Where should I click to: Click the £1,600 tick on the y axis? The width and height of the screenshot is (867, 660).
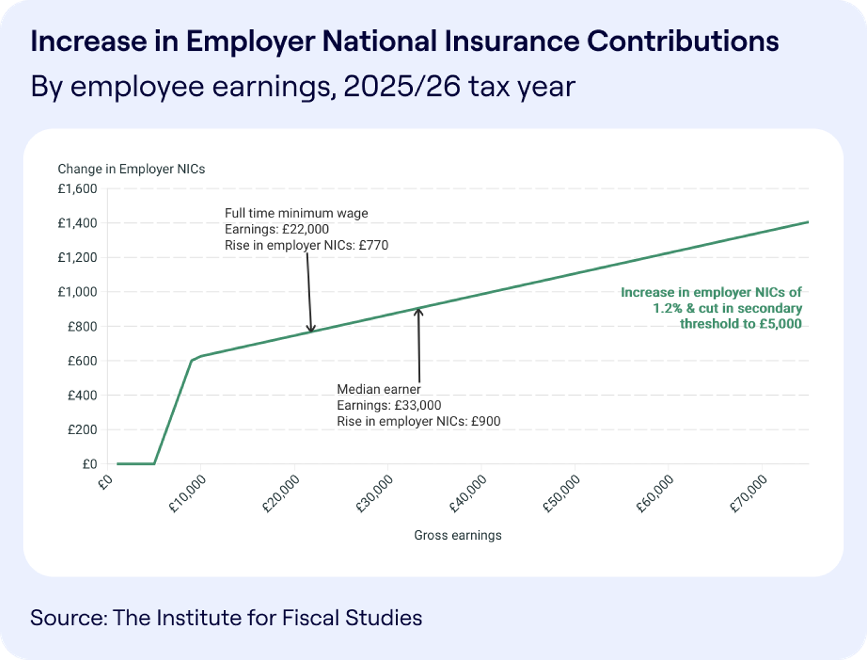click(x=77, y=189)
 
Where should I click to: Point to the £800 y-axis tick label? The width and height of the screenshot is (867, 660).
click(x=82, y=326)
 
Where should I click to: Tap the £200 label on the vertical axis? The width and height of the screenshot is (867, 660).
click(x=82, y=429)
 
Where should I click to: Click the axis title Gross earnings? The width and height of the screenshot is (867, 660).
click(x=458, y=535)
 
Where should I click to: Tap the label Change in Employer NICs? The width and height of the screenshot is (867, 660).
click(x=131, y=169)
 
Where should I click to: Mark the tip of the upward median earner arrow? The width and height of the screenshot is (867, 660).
click(x=418, y=310)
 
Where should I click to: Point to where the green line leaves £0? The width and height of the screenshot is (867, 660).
click(x=154, y=464)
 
